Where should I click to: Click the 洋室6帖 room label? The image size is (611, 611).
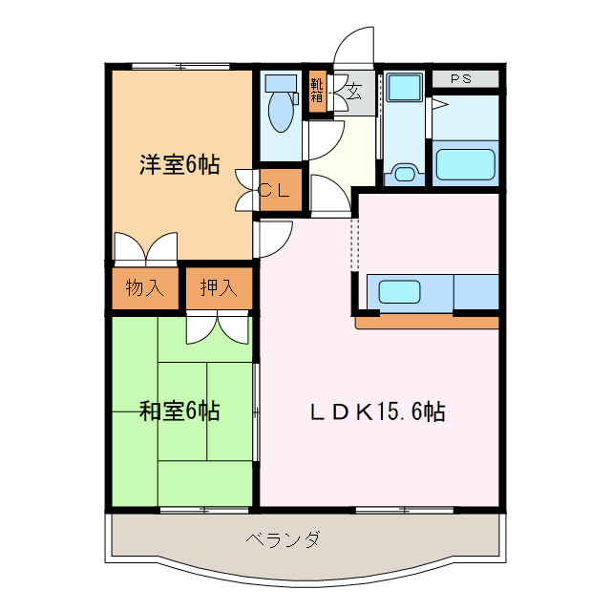(179, 165)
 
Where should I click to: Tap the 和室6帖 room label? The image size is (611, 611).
(179, 411)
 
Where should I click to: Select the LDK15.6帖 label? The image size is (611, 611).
(378, 411)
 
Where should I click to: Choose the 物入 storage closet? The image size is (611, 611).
(145, 287)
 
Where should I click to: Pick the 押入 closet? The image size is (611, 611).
(219, 287)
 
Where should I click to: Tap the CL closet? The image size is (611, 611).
(276, 190)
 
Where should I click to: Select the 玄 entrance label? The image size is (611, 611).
(354, 93)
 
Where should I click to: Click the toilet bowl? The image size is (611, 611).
(281, 114)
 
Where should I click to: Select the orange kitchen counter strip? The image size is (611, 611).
(427, 324)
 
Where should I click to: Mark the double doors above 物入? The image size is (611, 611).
(145, 248)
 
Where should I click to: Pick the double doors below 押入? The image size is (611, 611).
(219, 328)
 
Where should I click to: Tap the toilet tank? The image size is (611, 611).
(281, 81)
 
